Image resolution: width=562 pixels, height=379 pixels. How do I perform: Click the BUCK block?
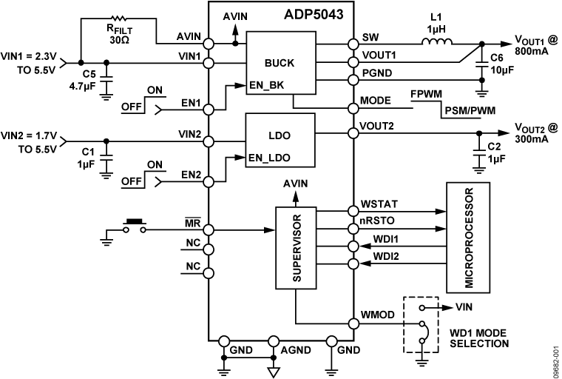(279, 64)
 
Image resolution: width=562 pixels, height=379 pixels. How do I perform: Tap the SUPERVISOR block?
(295, 248)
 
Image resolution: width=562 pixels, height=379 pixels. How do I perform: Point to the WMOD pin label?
(376, 315)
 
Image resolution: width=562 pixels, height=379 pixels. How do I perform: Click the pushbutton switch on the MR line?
(134, 224)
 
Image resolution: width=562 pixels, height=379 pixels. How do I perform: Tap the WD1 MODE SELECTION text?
(480, 338)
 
